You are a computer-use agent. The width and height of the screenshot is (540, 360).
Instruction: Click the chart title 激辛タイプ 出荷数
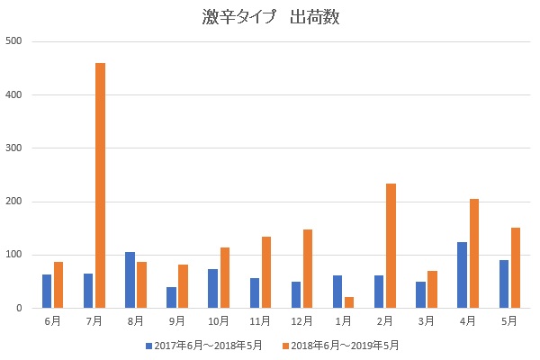point(271,17)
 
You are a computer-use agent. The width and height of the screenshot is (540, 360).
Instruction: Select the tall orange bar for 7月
point(100,185)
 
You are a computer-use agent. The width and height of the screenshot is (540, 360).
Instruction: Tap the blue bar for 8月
point(130,280)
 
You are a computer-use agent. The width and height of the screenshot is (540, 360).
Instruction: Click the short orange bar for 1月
point(349,302)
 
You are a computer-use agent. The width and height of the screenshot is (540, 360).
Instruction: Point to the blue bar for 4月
point(463,274)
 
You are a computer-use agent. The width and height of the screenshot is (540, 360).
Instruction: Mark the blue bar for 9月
point(171,297)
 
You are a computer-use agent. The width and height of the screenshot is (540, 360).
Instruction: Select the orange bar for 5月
point(516,267)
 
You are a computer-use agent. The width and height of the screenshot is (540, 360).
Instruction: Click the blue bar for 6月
point(47,291)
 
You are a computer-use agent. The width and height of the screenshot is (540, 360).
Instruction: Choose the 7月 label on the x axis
point(94,321)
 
